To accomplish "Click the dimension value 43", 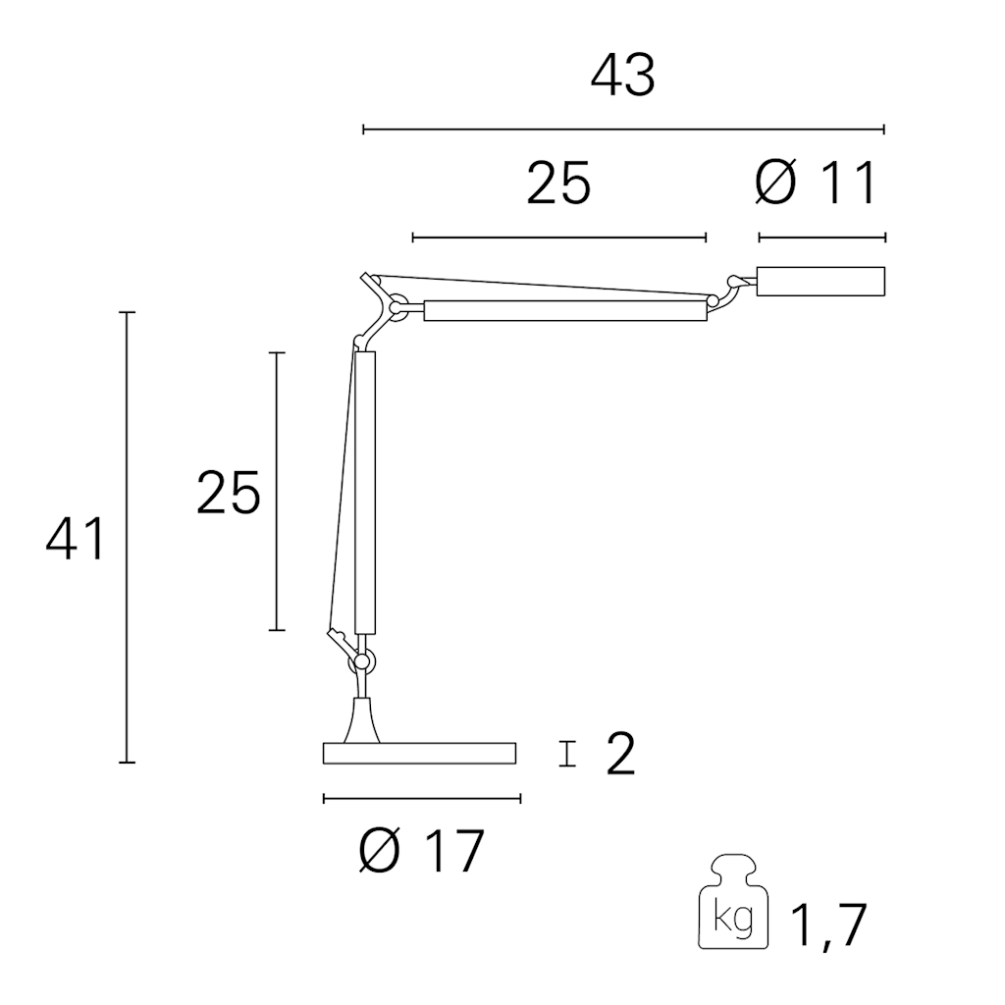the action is pyautogui.click(x=622, y=76).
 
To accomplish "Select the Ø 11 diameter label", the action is pyautogui.click(x=816, y=184).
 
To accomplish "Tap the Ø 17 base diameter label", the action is pyautogui.click(x=420, y=851).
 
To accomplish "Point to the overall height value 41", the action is pyautogui.click(x=75, y=539).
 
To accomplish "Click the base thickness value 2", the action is pyautogui.click(x=620, y=754).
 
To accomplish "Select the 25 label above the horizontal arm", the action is pyautogui.click(x=558, y=184).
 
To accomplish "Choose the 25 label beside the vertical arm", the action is pyautogui.click(x=228, y=493).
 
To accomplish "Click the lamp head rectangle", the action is pyautogui.click(x=821, y=282).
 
